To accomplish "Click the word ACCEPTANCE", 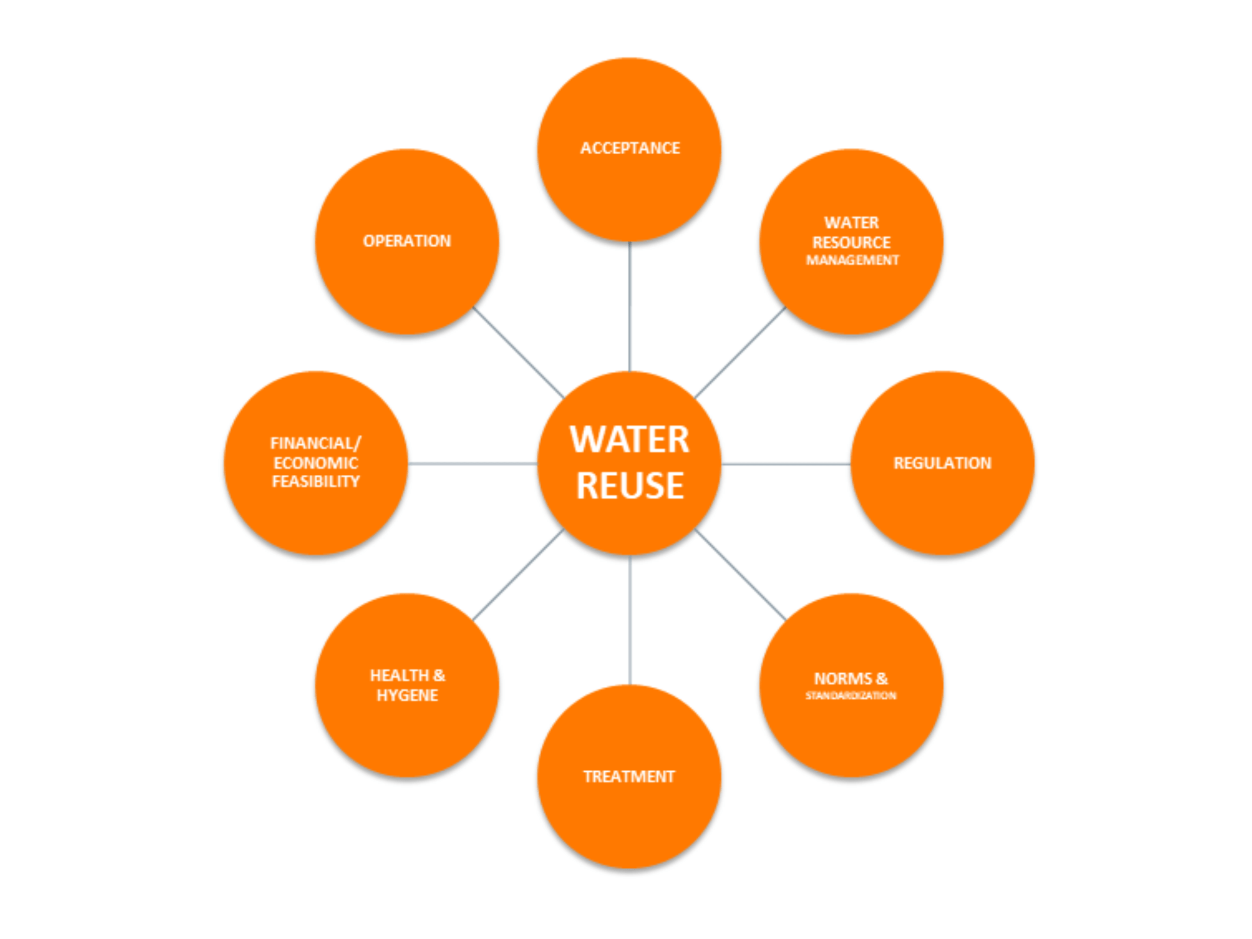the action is click(629, 148).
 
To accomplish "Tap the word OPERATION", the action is click(407, 241).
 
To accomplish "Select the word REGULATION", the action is click(942, 463).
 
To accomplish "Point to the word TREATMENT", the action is click(629, 776).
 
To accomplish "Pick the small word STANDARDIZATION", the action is click(851, 696).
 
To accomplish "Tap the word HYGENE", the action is click(407, 695).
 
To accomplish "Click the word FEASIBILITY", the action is click(316, 482).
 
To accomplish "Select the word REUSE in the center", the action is click(629, 486).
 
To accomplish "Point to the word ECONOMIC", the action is click(316, 463).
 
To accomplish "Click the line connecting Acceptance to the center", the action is click(629, 306).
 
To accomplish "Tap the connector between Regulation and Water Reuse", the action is click(786, 464).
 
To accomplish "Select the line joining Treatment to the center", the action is click(629, 620).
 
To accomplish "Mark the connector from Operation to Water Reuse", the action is click(518, 352).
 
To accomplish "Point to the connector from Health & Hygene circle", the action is click(518, 575).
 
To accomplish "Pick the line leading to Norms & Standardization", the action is click(740, 575).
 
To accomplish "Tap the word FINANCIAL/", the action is click(316, 443).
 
